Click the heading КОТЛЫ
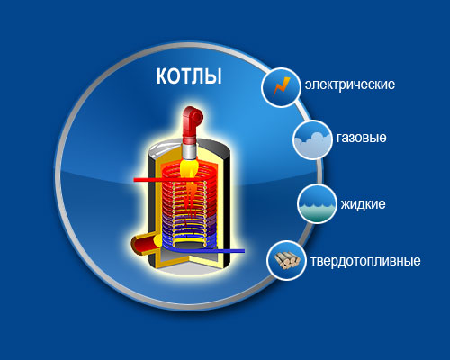189,76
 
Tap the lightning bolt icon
281,87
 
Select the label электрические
350,85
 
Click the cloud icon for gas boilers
312,143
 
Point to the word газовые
362,138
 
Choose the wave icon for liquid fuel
317,211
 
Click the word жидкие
363,204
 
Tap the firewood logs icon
287,260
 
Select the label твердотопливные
365,261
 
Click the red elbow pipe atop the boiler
191,124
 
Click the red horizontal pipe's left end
134,180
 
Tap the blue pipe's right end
244,251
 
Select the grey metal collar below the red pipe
190,150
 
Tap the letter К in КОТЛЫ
162,76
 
